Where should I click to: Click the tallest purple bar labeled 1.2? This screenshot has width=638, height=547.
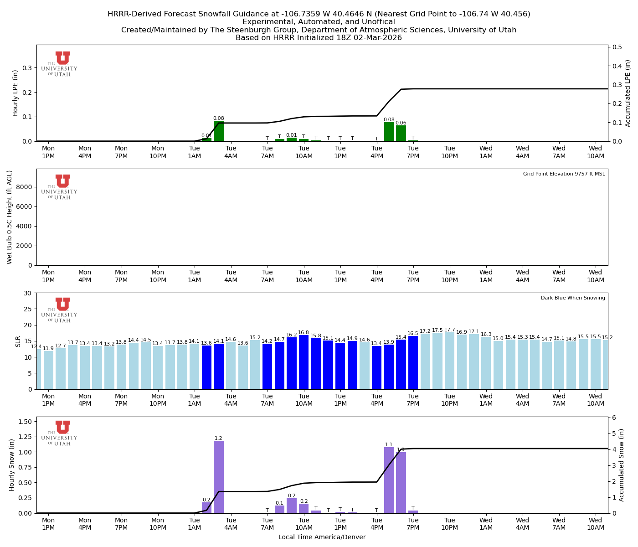[219, 477]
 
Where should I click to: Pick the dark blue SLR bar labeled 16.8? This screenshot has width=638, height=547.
[304, 362]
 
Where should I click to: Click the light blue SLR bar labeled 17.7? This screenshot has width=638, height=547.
[450, 361]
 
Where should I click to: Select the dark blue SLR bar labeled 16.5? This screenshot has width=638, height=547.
[413, 363]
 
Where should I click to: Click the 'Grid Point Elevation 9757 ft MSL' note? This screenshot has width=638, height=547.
[564, 174]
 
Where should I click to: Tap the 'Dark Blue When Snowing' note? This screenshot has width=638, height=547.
[573, 298]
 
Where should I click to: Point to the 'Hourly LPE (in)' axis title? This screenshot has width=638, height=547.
[15, 93]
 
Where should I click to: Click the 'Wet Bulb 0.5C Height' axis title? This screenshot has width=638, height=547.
[10, 217]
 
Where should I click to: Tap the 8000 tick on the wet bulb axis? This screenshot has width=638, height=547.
[26, 187]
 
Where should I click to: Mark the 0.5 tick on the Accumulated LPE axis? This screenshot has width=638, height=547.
[617, 47]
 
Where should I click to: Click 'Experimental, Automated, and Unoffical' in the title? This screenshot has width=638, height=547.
[319, 22]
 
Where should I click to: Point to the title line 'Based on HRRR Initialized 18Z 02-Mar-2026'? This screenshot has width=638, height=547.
[319, 38]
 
